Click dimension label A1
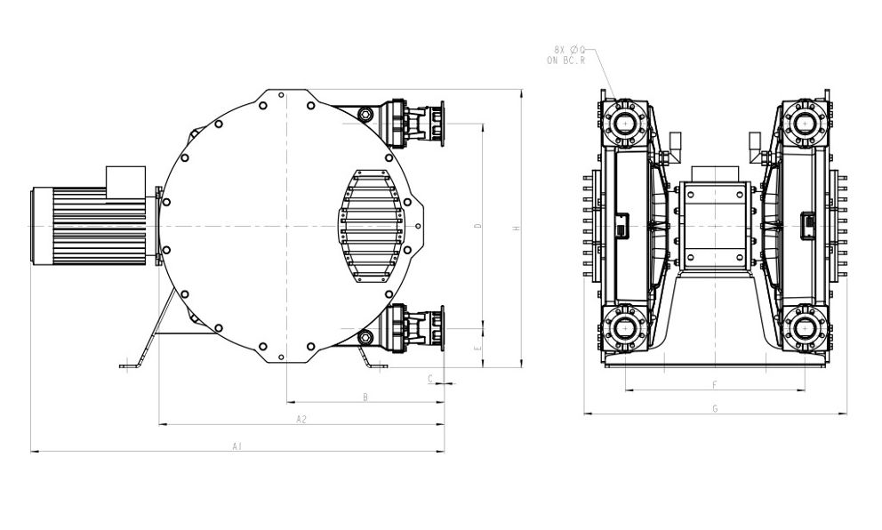pyautogui.click(x=237, y=446)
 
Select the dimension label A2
pyautogui.click(x=301, y=419)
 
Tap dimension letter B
pyautogui.click(x=365, y=397)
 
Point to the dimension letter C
pyautogui.click(x=430, y=379)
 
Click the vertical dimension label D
pyautogui.click(x=478, y=226)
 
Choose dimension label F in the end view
pyautogui.click(x=715, y=385)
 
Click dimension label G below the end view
pyautogui.click(x=715, y=409)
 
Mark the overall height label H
pyautogui.click(x=517, y=229)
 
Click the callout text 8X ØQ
pyautogui.click(x=569, y=50)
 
